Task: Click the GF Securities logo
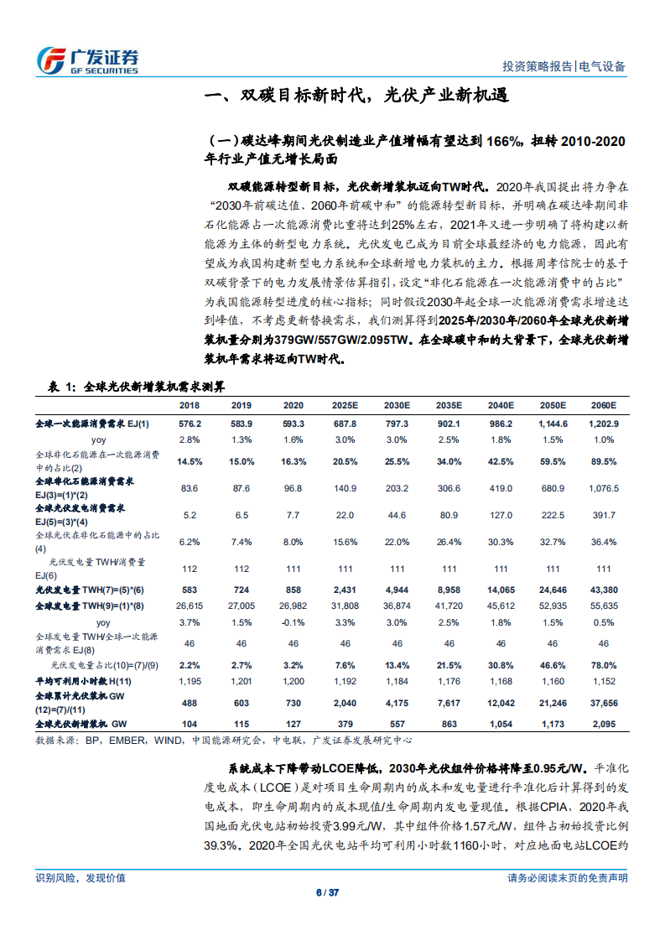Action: click(87, 60)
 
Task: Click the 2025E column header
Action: click(345, 405)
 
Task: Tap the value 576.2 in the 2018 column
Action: click(190, 424)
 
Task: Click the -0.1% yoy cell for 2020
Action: click(293, 623)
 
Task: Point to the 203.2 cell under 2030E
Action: click(397, 489)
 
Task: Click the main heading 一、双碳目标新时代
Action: click(357, 96)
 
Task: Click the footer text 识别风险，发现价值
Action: click(81, 877)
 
